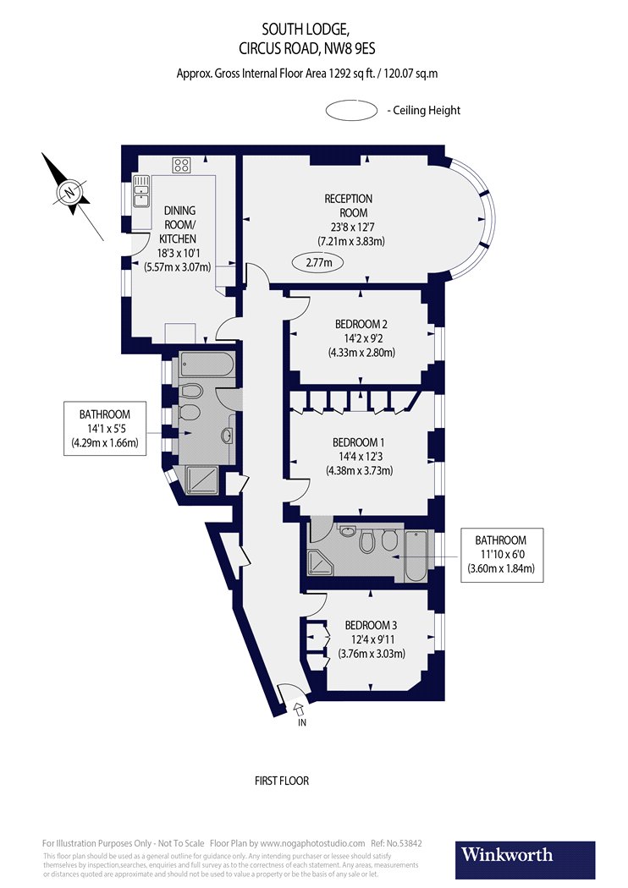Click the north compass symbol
pos(69,192)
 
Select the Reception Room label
pos(349,220)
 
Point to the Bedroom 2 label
pos(361,338)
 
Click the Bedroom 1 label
pos(361,457)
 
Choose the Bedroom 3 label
pos(372,639)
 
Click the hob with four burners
pos(181,164)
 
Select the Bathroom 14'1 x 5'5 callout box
pos(105,429)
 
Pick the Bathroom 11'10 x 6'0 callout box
pos(500,554)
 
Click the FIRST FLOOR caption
pos(282,781)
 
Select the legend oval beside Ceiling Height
pos(351,111)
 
